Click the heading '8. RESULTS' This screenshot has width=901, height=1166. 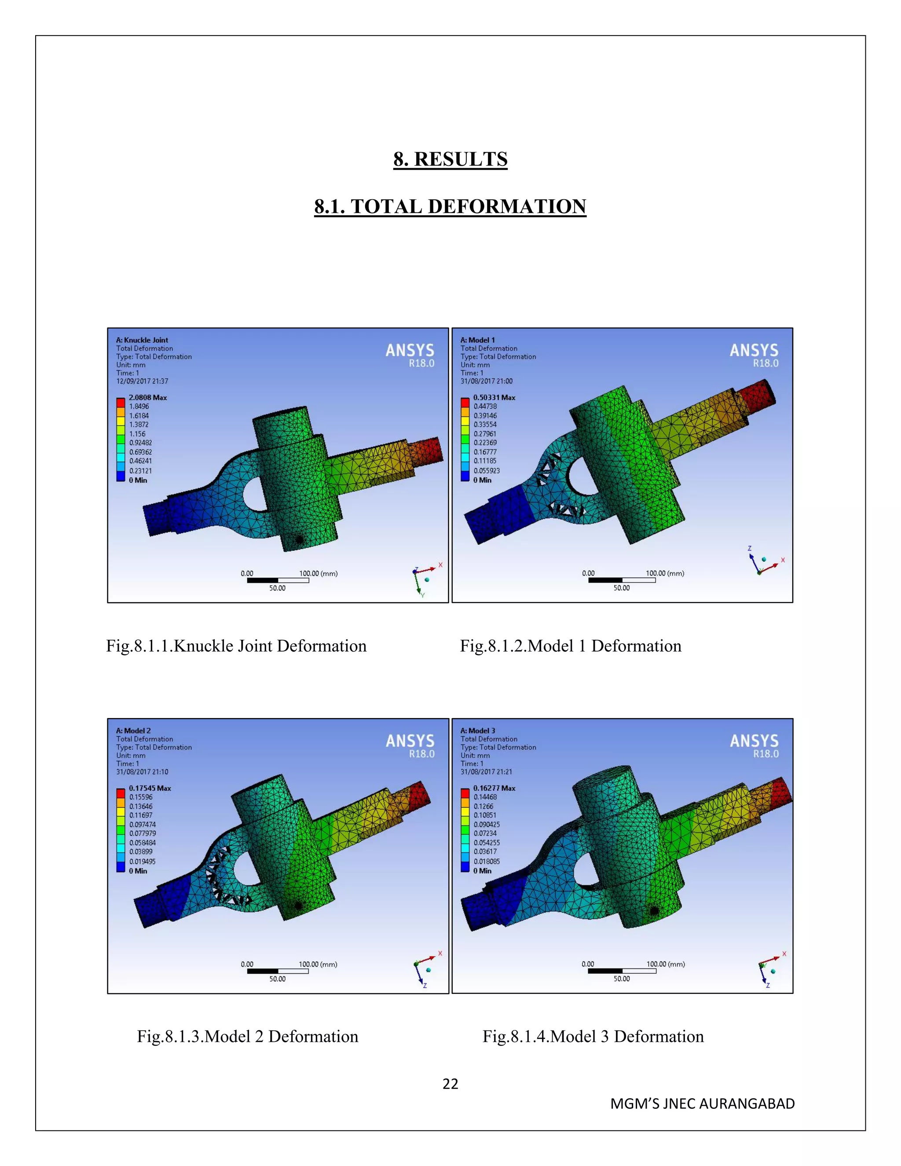tap(450, 159)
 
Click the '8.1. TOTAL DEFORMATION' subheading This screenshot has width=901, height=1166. tap(450, 207)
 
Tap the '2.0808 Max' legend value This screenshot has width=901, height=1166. tap(148, 398)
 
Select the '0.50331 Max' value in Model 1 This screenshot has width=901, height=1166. tap(494, 398)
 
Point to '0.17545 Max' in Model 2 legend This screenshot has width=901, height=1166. tap(150, 788)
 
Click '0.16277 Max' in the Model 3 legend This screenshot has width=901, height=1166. tap(494, 788)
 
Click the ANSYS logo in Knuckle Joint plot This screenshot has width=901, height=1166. tap(410, 355)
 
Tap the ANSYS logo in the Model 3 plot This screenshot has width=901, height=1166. tap(754, 745)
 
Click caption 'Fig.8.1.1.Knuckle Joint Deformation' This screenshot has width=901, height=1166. tap(236, 646)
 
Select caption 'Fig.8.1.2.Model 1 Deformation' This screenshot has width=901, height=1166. tap(571, 646)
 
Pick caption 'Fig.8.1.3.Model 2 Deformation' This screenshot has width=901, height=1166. tap(248, 1036)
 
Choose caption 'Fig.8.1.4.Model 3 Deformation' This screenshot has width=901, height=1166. tap(593, 1036)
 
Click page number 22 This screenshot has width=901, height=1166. tap(450, 1084)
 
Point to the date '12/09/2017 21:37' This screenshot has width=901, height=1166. tap(142, 381)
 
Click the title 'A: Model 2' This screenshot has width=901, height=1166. tap(133, 730)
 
